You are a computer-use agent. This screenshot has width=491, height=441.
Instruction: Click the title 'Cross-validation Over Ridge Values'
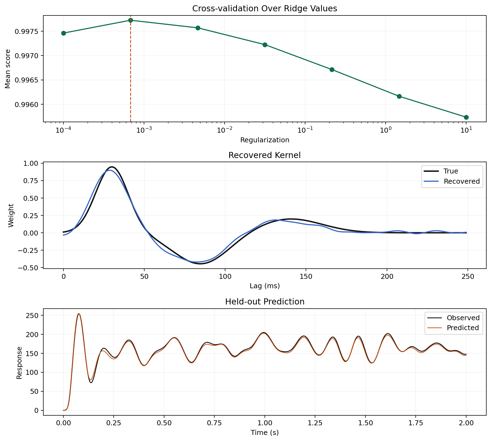265,9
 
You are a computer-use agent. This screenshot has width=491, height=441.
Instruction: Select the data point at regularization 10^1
466,117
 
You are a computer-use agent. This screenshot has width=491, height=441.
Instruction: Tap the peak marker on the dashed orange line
130,20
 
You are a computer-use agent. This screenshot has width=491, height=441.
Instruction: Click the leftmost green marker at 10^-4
63,33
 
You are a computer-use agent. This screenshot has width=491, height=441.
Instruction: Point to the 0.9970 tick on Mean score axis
27,56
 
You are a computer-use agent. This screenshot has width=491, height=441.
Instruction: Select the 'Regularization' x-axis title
265,140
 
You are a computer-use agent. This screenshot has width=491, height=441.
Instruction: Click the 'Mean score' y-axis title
8,69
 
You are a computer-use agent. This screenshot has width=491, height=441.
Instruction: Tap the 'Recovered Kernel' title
265,155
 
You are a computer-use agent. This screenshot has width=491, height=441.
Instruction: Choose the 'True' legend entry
451,171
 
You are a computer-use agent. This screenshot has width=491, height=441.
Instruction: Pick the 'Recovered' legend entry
461,181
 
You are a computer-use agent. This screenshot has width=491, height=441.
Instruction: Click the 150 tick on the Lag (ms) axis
306,277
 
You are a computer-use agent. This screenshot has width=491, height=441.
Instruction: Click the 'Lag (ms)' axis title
265,286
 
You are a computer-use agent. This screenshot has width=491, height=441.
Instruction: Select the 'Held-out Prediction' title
265,302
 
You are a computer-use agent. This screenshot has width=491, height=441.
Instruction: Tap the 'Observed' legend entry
463,318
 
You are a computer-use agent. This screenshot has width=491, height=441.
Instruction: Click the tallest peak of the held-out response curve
79,314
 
